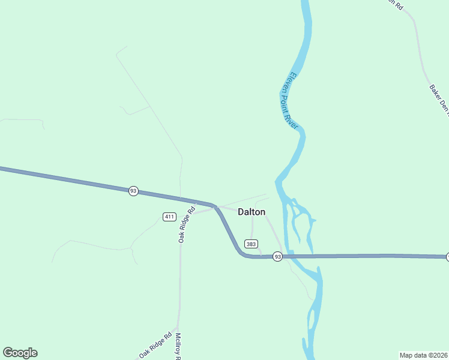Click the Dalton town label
coord(252,212)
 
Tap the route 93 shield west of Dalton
coord(133,191)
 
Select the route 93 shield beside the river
coord(277,257)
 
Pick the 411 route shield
coord(169,216)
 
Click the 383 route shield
coord(251,244)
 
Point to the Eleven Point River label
coord(289,100)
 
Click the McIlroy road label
coord(178,346)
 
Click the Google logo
coord(20,353)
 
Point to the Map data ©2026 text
coord(424,355)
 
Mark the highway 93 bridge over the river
coord(300,256)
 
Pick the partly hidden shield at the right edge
coord(447,257)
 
